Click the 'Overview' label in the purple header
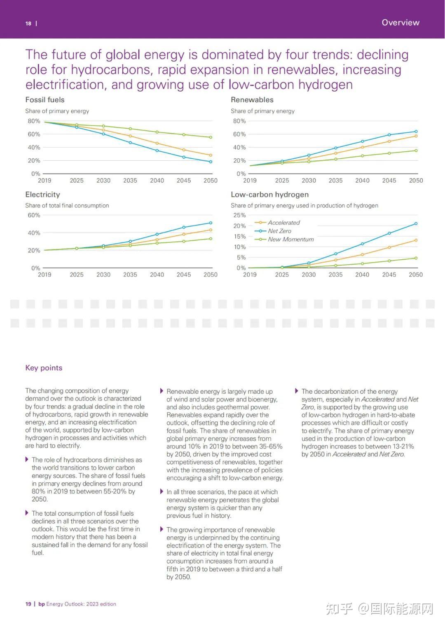point(400,22)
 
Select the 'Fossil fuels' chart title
point(45,100)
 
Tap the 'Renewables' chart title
point(252,100)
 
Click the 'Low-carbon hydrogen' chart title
point(269,194)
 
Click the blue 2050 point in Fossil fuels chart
point(211,162)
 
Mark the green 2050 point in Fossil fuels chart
point(211,137)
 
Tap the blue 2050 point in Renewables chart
point(416,131)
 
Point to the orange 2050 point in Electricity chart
point(211,230)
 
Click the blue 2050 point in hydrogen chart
point(416,224)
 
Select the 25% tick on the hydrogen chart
point(239,215)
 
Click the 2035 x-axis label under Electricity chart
point(130,275)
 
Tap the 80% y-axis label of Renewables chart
point(239,121)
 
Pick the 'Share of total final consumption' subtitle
point(67,205)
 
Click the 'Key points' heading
point(44,368)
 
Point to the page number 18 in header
point(28,23)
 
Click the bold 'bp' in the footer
point(42,604)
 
